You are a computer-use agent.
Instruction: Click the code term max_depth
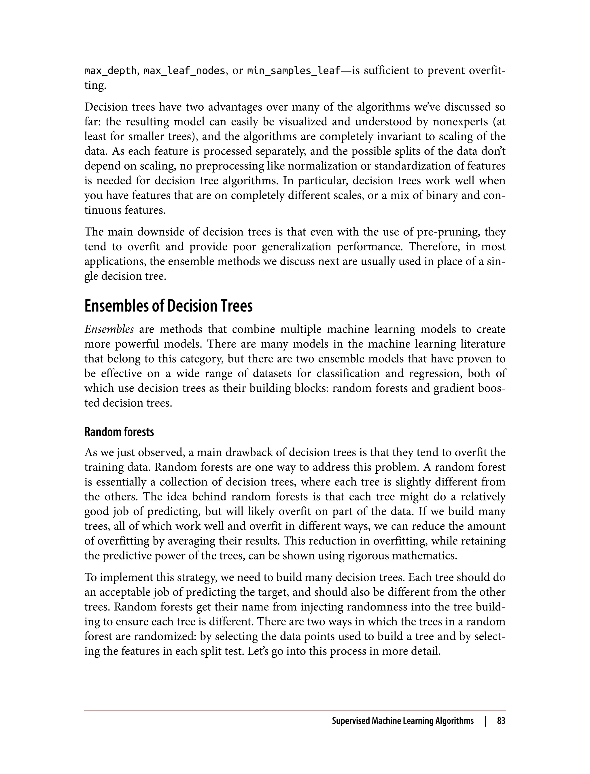[110, 71]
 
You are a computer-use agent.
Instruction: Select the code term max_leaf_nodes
[185, 71]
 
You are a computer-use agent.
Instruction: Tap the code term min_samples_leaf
[294, 71]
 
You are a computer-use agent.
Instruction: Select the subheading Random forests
[119, 432]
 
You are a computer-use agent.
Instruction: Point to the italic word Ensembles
[109, 329]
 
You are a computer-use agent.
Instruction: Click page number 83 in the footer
[501, 721]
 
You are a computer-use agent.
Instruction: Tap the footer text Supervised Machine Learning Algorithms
[402, 721]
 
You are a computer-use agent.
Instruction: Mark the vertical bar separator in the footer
[485, 721]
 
